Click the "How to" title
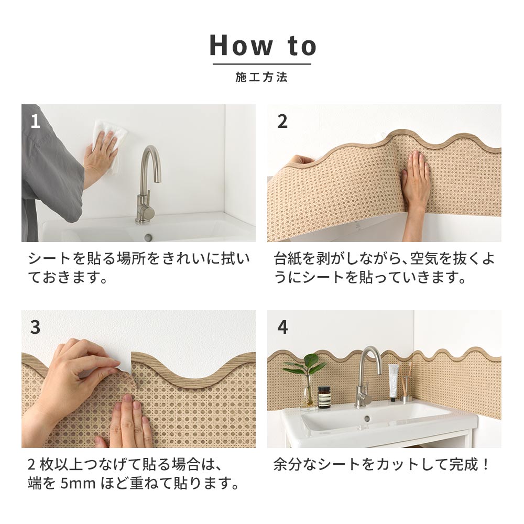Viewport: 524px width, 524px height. coord(263,46)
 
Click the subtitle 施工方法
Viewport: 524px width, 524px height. coord(261,78)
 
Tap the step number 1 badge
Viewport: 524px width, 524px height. coord(35,122)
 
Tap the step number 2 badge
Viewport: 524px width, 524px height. coord(282,122)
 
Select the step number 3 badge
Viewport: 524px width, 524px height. coord(35,327)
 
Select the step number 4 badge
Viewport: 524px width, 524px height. coord(282,327)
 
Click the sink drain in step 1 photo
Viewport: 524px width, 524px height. coord(148,237)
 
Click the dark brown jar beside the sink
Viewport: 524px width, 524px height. coord(324,397)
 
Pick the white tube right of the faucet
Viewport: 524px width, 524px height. coord(393,381)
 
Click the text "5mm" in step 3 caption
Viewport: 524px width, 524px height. coord(76,483)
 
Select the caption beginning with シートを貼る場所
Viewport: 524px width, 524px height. coord(139,268)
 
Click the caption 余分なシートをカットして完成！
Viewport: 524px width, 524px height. coord(381,464)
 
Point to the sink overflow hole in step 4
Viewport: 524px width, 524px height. coord(367,418)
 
